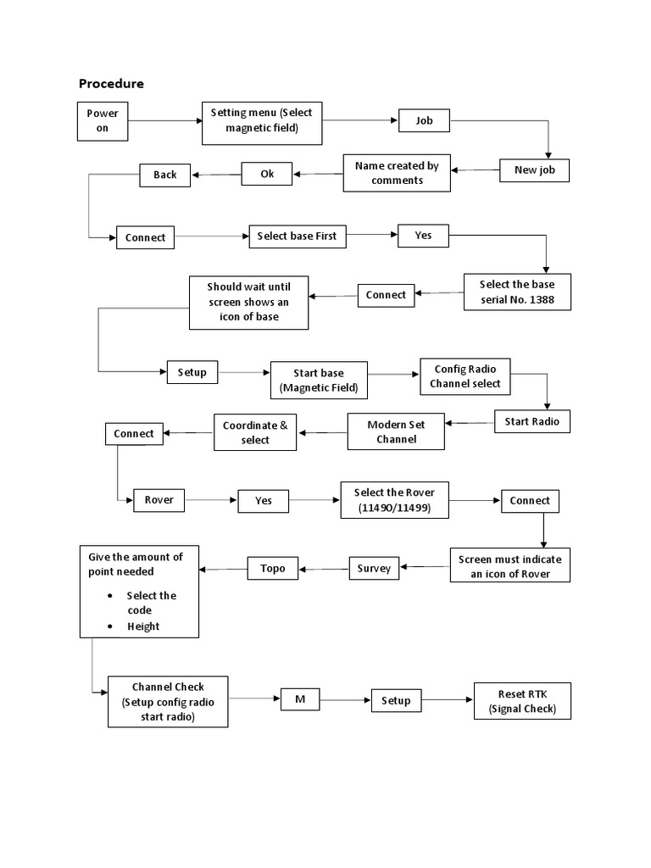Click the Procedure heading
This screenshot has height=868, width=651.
click(111, 83)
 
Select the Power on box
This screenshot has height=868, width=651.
click(103, 121)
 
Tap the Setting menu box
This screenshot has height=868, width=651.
click(263, 122)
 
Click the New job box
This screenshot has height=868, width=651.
click(534, 170)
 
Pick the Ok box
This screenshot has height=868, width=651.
click(267, 174)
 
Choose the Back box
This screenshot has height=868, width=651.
click(165, 175)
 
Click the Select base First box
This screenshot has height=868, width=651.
click(297, 236)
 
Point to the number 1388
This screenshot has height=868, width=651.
click(554, 300)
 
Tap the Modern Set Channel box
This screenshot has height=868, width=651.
click(396, 431)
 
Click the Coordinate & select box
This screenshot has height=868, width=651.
click(255, 432)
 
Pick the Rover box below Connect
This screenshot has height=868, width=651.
click(159, 500)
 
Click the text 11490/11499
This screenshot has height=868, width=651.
click(395, 508)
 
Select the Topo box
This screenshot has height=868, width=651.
click(273, 568)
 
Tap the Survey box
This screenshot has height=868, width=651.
click(374, 568)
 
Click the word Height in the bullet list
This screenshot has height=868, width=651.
click(143, 626)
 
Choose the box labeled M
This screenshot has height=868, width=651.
click(299, 699)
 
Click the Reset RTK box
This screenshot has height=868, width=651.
click(522, 701)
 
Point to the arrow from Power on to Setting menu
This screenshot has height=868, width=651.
click(164, 122)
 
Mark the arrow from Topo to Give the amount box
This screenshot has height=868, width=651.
click(224, 568)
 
